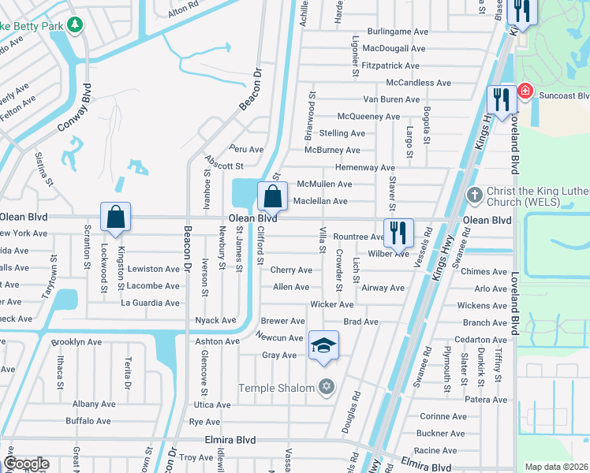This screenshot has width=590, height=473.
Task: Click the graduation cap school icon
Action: [x=323, y=346]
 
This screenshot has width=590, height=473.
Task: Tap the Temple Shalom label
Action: [x=276, y=387]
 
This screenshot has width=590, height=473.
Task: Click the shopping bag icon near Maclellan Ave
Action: [x=272, y=198]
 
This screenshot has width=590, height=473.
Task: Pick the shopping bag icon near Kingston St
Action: [x=115, y=217]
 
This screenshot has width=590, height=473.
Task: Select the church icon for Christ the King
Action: [x=474, y=194]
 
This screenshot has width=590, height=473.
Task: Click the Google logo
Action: [x=26, y=464]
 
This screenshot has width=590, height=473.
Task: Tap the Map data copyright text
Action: [x=556, y=467]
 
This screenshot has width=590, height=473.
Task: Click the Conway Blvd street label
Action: [x=76, y=110]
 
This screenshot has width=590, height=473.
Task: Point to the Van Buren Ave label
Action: [x=391, y=99]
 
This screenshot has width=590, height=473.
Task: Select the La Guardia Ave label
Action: [x=150, y=303]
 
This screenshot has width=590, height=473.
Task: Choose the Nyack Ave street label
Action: [x=215, y=321]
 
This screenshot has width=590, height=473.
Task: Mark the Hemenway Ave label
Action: [x=364, y=167]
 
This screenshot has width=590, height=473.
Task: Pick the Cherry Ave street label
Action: [x=291, y=270]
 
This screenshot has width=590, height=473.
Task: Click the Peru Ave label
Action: [x=246, y=149]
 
